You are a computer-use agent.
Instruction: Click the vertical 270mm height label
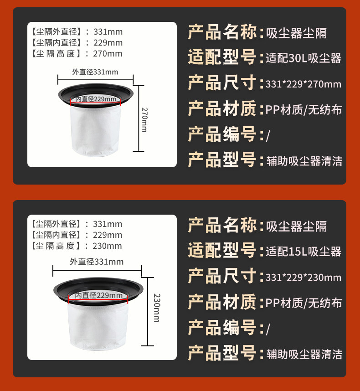click(x=144, y=120)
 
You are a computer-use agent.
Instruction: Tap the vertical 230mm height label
click(x=157, y=308)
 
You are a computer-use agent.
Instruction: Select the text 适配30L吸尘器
click(x=303, y=58)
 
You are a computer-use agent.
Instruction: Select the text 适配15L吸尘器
click(x=303, y=252)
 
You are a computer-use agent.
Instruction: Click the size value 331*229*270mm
click(x=303, y=84)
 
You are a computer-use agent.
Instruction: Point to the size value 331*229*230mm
click(x=303, y=277)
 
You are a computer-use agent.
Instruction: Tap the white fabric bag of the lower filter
click(x=98, y=327)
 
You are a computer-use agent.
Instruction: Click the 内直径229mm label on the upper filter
click(x=96, y=99)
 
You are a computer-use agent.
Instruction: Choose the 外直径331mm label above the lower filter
click(x=97, y=262)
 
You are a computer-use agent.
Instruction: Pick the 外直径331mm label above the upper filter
click(x=95, y=72)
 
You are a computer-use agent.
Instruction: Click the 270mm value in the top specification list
click(x=108, y=54)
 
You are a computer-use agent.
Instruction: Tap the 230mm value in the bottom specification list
click(x=108, y=246)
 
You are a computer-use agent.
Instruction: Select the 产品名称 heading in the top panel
click(x=222, y=32)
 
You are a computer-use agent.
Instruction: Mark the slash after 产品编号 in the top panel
click(x=268, y=136)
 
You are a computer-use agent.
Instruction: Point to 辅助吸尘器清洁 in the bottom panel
click(x=304, y=354)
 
